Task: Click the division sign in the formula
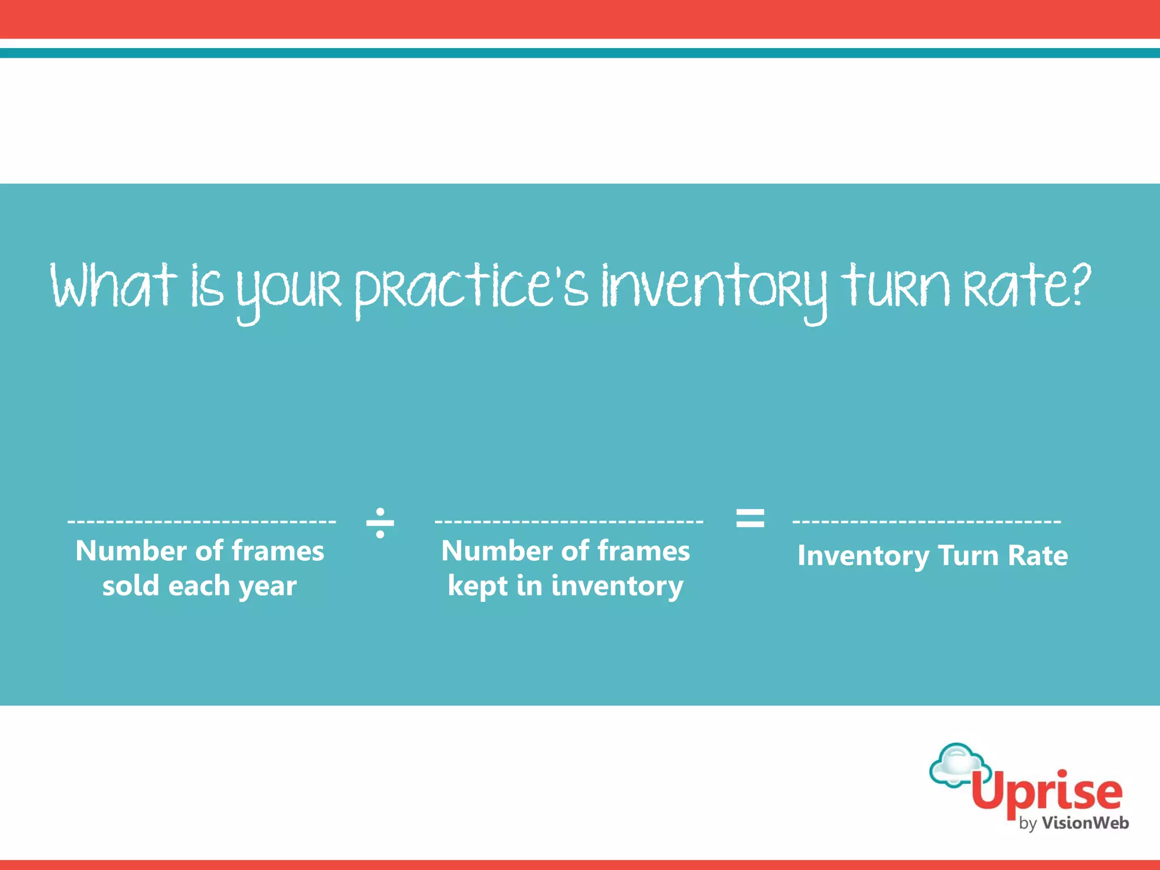click(380, 522)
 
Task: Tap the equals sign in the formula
click(750, 518)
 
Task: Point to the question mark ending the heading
click(1080, 283)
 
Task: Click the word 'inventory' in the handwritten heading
click(714, 289)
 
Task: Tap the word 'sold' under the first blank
click(130, 586)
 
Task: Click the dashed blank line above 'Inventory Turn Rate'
click(927, 521)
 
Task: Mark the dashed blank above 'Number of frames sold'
click(202, 521)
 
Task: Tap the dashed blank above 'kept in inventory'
click(569, 521)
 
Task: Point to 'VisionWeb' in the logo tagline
click(1085, 823)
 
